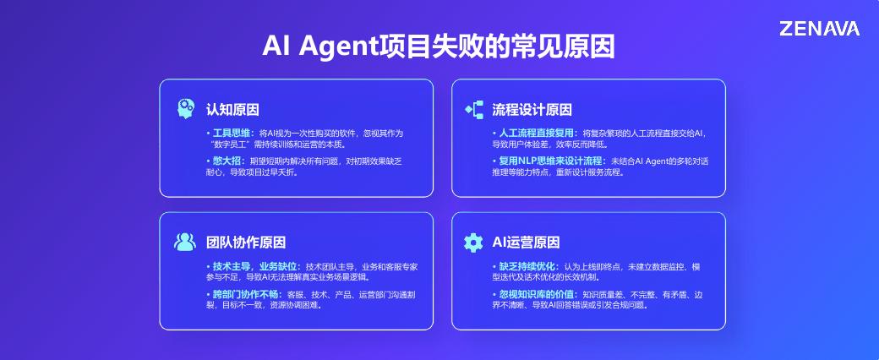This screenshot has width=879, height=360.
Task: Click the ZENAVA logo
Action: tap(819, 29)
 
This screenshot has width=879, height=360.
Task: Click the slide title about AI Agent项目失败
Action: tap(439, 46)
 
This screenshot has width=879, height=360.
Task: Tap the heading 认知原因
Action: tap(232, 110)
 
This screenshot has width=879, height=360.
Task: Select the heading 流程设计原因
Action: tap(532, 110)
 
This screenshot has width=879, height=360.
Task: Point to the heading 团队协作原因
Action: tap(246, 243)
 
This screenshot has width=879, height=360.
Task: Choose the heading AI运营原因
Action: tap(526, 243)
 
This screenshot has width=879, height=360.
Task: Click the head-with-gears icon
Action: tap(186, 109)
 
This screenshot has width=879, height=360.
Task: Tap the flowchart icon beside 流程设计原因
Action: tap(473, 109)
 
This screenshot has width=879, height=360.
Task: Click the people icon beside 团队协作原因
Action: tap(185, 242)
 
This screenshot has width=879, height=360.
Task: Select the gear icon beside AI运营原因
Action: tap(473, 243)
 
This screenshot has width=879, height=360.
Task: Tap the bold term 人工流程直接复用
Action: tap(537, 134)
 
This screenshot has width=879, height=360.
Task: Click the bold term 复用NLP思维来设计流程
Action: tap(550, 161)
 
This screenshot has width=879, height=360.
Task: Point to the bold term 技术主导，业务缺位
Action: tap(255, 266)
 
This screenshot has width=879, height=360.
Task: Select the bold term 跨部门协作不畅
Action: tap(246, 294)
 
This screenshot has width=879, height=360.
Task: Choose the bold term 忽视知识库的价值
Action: tap(537, 294)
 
